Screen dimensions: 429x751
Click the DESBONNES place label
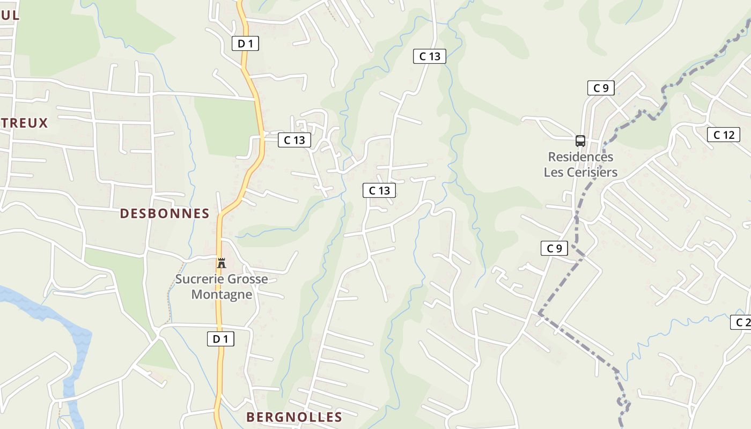pos(164,213)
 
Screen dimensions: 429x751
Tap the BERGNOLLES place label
pos(294,417)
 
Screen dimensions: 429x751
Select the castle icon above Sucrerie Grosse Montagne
pos(221,263)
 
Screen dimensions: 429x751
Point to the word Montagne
pos(222,294)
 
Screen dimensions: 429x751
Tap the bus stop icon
pos(580,141)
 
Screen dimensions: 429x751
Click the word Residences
pos(580,157)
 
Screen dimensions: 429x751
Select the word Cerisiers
pos(593,172)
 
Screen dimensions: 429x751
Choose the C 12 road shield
pos(724,135)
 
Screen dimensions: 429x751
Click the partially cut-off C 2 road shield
pos(742,322)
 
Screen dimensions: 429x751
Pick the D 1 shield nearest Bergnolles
pos(220,339)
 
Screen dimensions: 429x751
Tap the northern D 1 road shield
pos(245,44)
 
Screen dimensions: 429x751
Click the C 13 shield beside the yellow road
pos(294,140)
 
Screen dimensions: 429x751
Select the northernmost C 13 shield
pos(430,56)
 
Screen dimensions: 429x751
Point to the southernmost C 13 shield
pos(379,190)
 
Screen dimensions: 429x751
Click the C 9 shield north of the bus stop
pos(601,88)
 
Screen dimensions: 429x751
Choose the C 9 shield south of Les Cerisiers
pos(554,248)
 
